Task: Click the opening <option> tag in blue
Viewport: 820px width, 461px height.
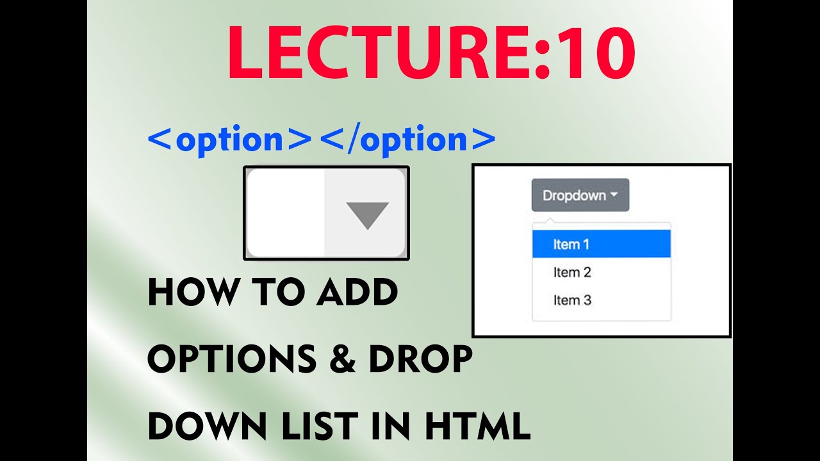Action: click(x=229, y=139)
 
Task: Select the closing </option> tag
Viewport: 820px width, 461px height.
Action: click(x=407, y=139)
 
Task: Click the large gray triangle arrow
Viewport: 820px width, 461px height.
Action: click(x=367, y=215)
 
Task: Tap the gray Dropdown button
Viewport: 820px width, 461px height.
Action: click(x=580, y=195)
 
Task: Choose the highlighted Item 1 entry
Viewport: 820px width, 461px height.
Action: click(x=601, y=244)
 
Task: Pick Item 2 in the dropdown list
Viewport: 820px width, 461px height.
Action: click(x=572, y=272)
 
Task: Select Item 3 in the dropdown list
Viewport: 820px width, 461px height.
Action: click(x=572, y=300)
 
